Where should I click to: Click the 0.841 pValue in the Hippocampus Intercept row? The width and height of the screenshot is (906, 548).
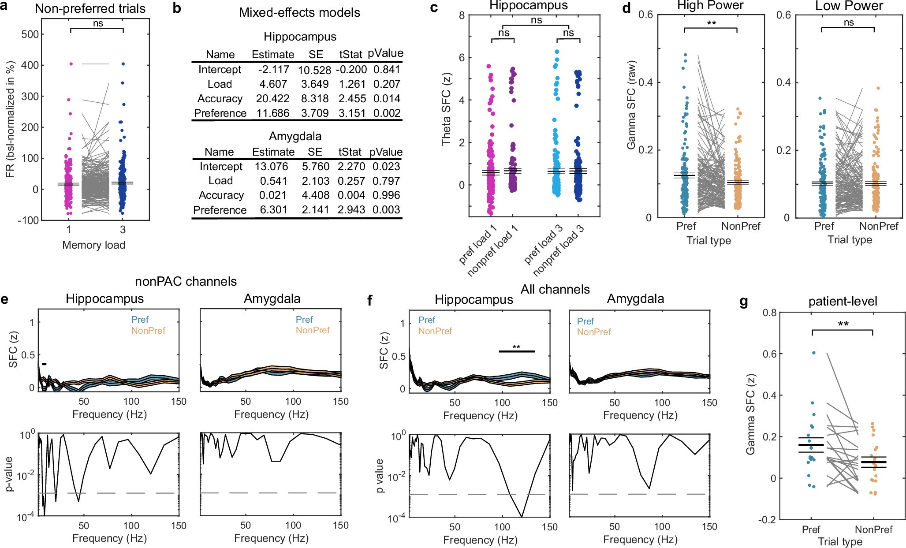pos(387,70)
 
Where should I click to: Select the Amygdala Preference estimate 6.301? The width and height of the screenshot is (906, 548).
pos(273,210)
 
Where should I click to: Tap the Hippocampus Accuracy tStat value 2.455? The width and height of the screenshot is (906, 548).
pos(352,99)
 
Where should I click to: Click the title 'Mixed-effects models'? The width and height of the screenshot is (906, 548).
pos(299,12)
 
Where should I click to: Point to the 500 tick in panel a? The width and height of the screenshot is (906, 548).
pos(30,34)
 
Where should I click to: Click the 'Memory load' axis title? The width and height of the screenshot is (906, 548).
pos(93,245)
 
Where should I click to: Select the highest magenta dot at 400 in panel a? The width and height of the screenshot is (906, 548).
pos(71,64)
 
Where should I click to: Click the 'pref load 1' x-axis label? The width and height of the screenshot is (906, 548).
pos(478,244)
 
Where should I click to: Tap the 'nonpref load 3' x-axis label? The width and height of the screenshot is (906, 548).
pos(558,250)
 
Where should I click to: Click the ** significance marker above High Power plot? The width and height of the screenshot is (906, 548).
pos(711,23)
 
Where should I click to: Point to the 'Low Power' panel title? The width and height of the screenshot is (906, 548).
pos(849,6)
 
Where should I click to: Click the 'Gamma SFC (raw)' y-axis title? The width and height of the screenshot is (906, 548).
pos(631,105)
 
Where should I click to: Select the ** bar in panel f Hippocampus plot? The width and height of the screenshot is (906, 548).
pos(516,351)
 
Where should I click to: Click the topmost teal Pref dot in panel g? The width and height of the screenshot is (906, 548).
pos(814,353)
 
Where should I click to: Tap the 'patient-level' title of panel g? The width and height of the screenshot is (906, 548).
pos(843,302)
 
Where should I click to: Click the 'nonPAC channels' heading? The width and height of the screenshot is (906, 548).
pos(186,281)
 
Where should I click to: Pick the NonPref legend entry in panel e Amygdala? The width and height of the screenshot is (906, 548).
pos(313,330)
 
